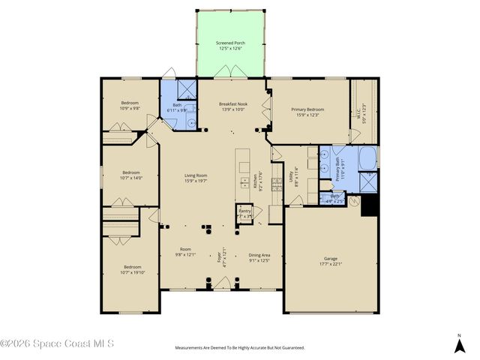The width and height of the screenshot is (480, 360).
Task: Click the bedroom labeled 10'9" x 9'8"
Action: pos(130,105)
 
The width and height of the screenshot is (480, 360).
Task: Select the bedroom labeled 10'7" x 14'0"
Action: pos(130,175)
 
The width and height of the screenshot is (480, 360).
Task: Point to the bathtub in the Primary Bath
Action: pos(369,159)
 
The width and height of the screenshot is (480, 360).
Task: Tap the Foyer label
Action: pos(220,258)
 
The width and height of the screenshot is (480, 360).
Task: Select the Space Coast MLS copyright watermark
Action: pos(58,344)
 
